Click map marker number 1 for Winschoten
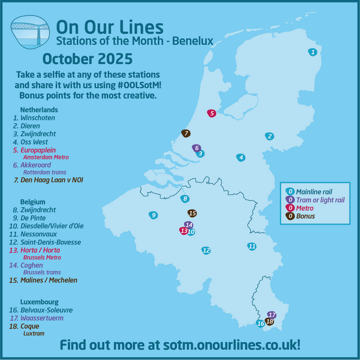(x=313, y=52)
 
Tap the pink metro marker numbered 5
(x=212, y=113)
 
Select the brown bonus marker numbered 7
(x=186, y=133)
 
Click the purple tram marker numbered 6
(x=196, y=148)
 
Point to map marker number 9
(x=154, y=215)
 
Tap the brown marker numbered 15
(x=192, y=213)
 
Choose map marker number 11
(x=252, y=246)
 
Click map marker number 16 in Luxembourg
(x=260, y=323)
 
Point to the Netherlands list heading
(x=39, y=110)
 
